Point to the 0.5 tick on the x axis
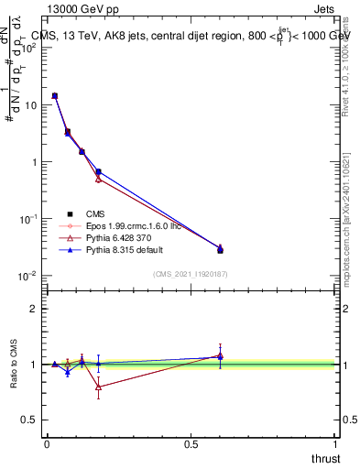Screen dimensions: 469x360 pos(191,444)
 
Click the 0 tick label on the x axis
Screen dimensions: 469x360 pos(47,444)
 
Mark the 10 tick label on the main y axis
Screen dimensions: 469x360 pos(31,105)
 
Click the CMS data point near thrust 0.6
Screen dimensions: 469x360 pos(220,250)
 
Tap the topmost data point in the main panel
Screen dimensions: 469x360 pos(55,95)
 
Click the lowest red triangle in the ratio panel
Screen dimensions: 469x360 pos(98,387)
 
